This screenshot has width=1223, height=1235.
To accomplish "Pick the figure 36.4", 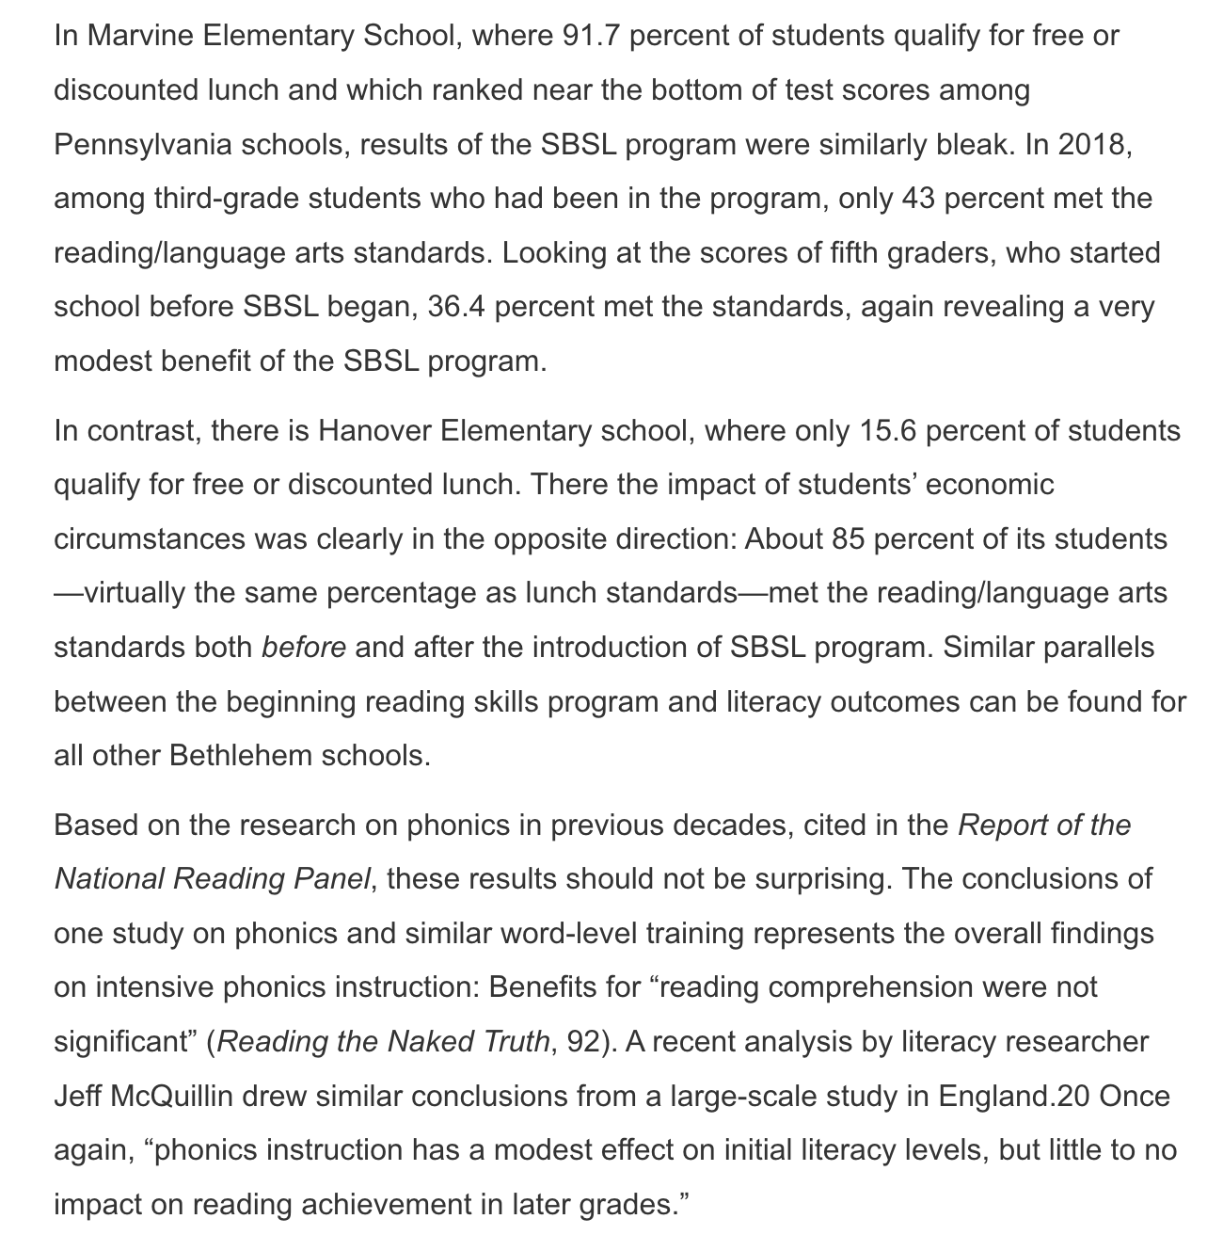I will point(456,307).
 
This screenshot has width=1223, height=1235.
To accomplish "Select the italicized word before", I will point(304,648).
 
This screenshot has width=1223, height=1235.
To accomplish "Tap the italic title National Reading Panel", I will point(214,879).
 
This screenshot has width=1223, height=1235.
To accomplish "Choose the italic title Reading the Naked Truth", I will point(384,1042).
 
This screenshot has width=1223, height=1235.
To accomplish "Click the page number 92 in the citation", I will point(585,1042).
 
